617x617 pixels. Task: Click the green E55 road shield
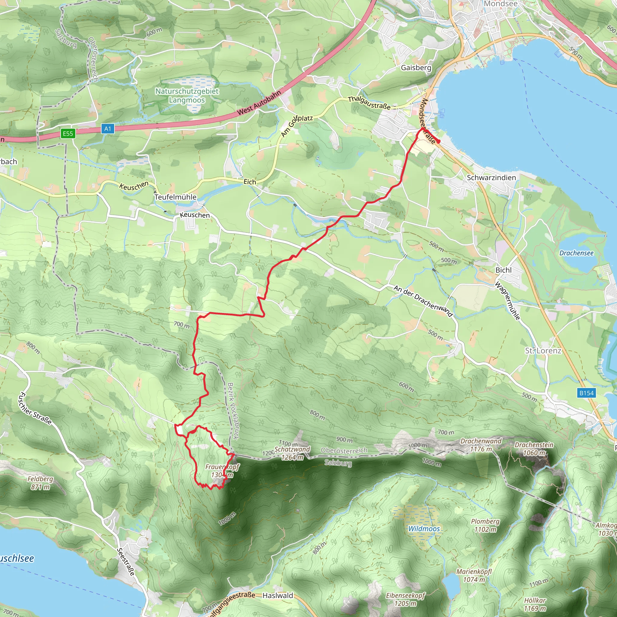tap(68, 133)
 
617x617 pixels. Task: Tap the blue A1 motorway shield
tap(108, 129)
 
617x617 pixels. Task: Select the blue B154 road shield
tap(586, 393)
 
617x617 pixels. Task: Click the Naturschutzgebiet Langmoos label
tap(187, 96)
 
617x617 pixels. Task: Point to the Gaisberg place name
tap(416, 68)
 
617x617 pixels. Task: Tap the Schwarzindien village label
tap(491, 177)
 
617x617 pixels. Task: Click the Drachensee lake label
tap(576, 253)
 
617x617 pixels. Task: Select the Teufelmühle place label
tap(175, 197)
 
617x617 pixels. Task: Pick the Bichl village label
tap(503, 270)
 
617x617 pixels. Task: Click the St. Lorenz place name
tap(543, 351)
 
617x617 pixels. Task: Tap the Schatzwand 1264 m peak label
tap(292, 453)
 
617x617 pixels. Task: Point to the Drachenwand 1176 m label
tap(481, 445)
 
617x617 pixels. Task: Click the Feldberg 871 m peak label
tap(40, 483)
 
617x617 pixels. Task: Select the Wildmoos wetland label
tap(424, 529)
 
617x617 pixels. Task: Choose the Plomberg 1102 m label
tap(485, 525)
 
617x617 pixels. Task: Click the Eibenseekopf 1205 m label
tap(406, 600)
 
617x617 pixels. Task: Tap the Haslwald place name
tap(277, 596)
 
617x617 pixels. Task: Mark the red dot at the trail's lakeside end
tap(438, 142)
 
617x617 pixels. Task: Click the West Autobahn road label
tap(259, 103)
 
